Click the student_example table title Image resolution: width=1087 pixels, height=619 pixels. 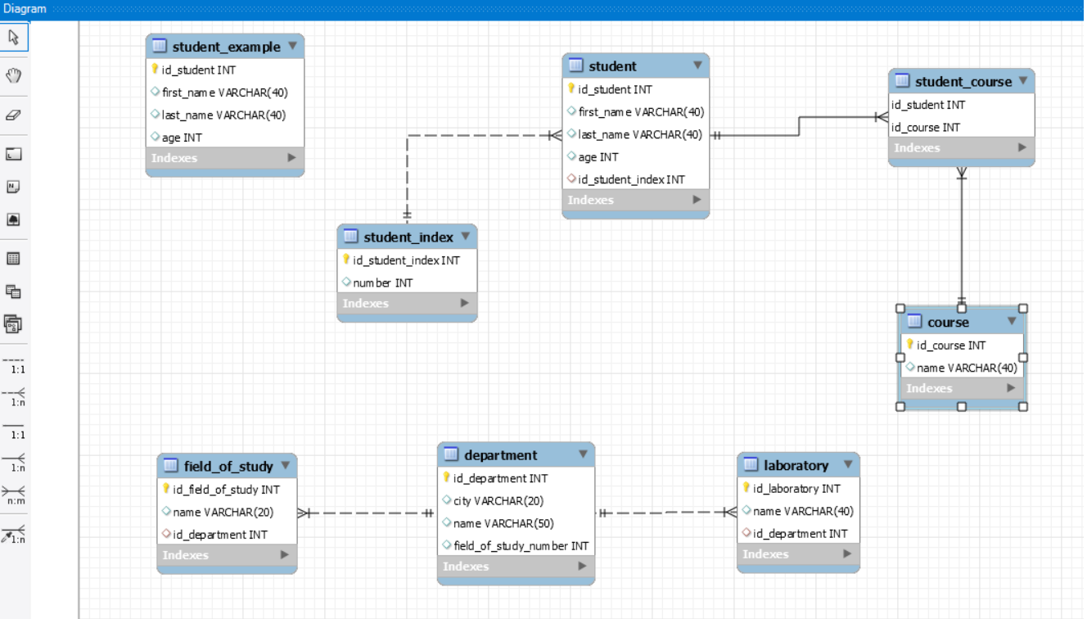point(226,47)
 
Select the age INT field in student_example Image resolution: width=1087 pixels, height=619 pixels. point(182,138)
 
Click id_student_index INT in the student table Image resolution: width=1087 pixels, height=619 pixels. point(631,179)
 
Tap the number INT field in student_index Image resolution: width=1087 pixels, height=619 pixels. point(382,282)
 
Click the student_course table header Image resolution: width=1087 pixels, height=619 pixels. point(963,81)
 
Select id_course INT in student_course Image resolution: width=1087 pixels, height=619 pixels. point(926,127)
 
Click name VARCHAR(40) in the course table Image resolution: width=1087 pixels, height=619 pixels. point(966,368)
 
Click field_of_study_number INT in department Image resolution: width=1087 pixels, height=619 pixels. point(521,545)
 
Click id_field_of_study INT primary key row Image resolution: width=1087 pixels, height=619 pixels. point(226,490)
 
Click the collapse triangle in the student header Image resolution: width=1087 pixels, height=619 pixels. point(697,66)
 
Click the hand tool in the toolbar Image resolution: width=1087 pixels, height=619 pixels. point(14,75)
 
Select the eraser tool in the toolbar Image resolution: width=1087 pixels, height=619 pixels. point(14,115)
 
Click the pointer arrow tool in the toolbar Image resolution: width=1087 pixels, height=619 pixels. point(14,37)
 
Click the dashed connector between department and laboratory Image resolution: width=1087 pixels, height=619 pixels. point(663,513)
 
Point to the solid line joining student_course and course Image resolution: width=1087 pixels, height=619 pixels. point(962,237)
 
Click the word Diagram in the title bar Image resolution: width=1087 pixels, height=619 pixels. point(25,8)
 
